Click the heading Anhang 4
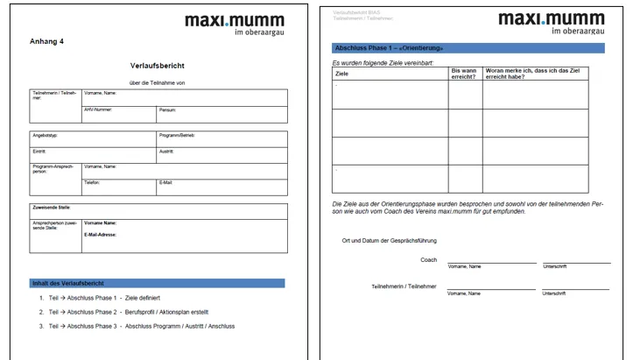pyautogui.click(x=46, y=41)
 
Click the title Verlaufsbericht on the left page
pyautogui.click(x=158, y=66)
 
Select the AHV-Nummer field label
pyautogui.click(x=99, y=109)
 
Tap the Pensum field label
pyautogui.click(x=167, y=109)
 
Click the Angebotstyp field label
pyautogui.click(x=46, y=136)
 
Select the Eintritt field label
pyautogui.click(x=39, y=151)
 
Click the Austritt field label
pyautogui.click(x=166, y=151)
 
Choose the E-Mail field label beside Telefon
pyautogui.click(x=167, y=181)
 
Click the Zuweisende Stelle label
pyautogui.click(x=52, y=208)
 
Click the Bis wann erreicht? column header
pyautogui.click(x=464, y=74)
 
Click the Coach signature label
pyautogui.click(x=428, y=259)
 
